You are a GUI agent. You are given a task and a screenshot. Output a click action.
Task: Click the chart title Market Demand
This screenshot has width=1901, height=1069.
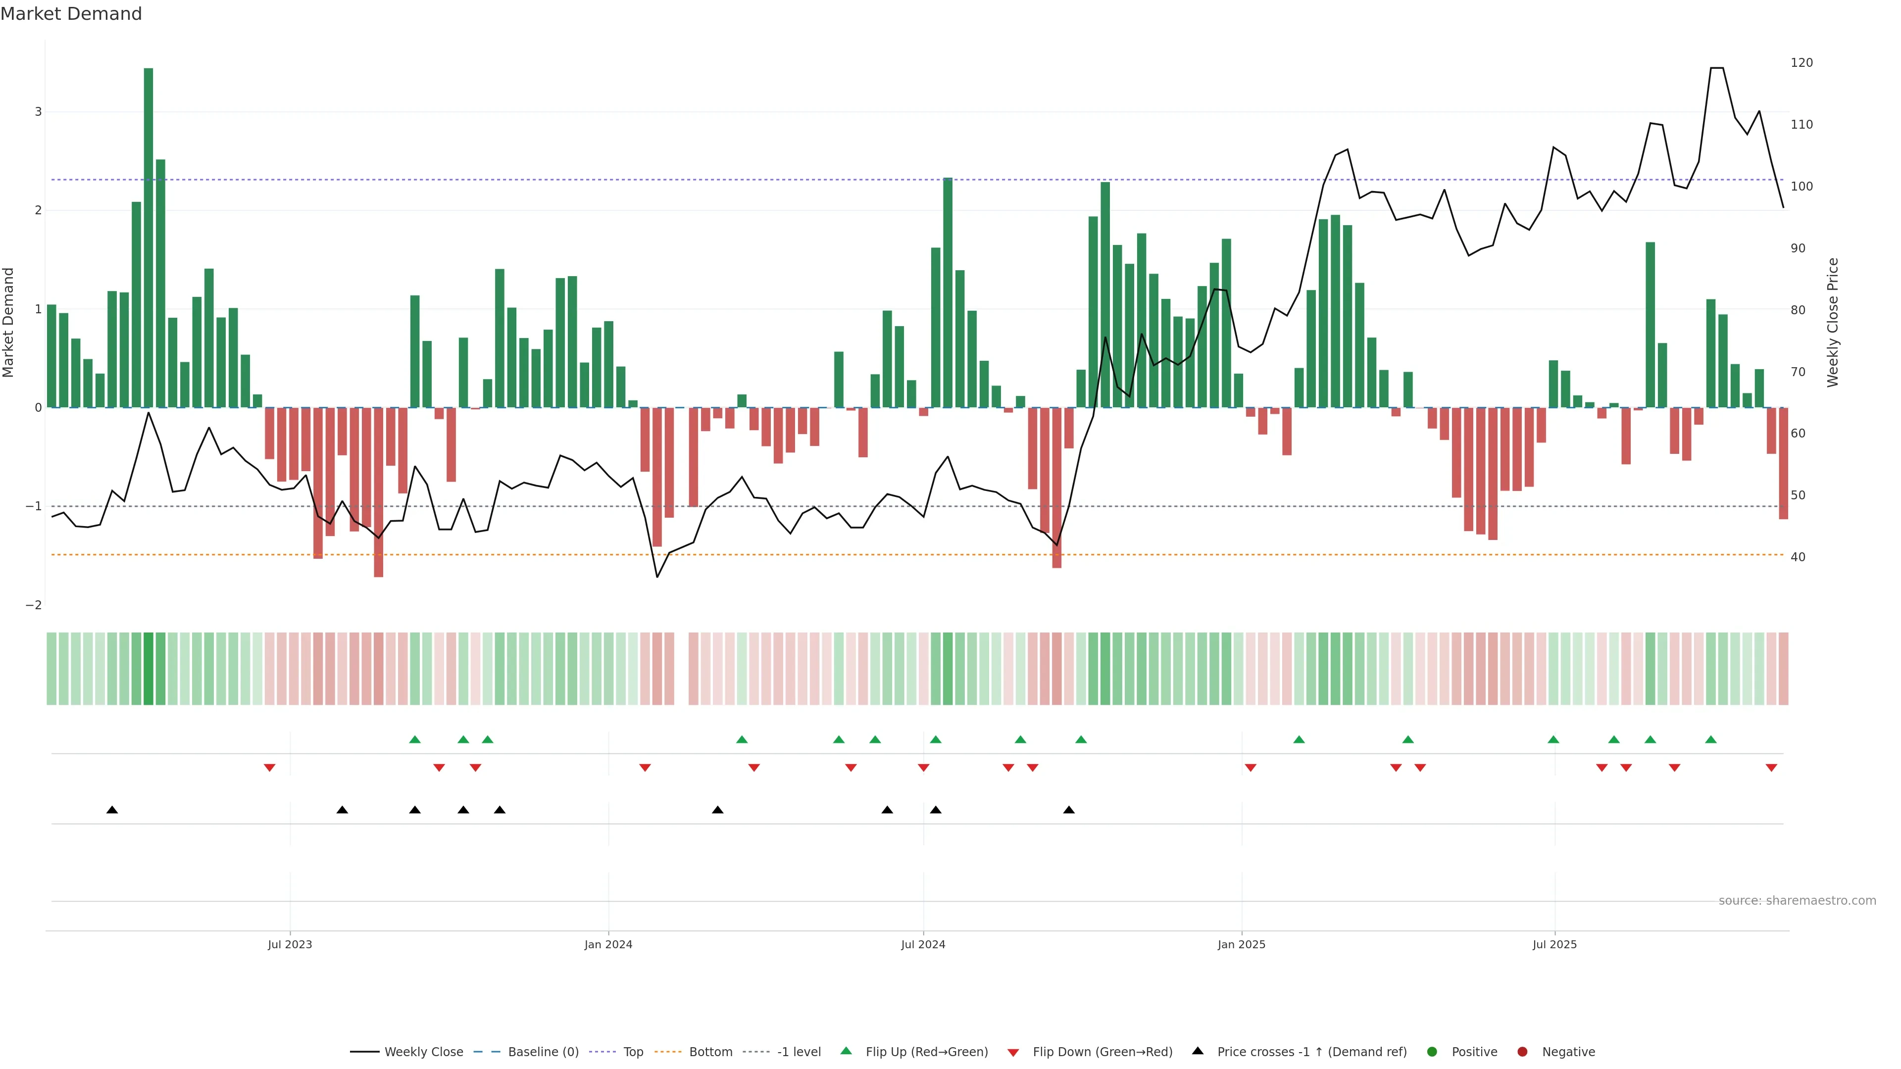[71, 14]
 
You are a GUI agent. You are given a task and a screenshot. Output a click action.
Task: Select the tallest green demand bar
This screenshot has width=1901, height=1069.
[149, 236]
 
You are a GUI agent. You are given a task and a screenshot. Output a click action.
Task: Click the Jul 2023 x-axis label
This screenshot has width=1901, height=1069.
[290, 944]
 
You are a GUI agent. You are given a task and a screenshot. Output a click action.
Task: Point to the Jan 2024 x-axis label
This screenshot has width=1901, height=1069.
[608, 944]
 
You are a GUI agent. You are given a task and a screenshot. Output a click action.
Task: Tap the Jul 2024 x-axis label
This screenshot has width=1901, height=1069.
[923, 944]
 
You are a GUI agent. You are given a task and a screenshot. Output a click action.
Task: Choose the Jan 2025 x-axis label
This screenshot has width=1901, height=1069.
[1241, 944]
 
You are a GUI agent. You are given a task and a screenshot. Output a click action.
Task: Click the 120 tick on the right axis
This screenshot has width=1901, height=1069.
[1801, 63]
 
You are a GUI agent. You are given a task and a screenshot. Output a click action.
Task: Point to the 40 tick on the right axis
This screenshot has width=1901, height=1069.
[1798, 557]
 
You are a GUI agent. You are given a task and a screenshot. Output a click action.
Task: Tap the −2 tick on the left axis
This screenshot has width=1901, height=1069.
[34, 605]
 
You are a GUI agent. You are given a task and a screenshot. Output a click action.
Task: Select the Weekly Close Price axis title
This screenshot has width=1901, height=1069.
[1833, 322]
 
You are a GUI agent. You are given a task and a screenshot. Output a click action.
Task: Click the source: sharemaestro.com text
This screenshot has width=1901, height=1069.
[1797, 901]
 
